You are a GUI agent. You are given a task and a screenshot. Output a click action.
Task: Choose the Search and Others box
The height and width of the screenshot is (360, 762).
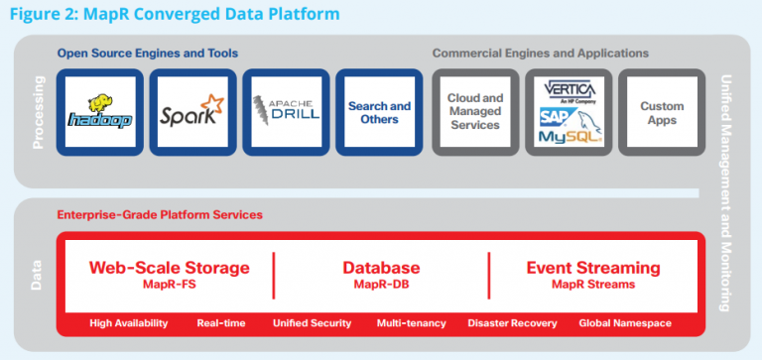(379, 112)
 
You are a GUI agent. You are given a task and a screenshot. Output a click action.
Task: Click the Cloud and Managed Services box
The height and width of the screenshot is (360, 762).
(474, 112)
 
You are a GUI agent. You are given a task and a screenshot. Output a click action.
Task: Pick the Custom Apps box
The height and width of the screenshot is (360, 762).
(662, 112)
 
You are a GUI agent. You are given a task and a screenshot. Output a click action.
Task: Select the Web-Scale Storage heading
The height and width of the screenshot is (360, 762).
(170, 268)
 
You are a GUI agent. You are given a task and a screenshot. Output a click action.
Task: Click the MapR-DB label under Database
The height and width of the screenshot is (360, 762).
(381, 286)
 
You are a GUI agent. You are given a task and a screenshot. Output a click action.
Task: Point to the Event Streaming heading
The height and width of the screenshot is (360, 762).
(593, 268)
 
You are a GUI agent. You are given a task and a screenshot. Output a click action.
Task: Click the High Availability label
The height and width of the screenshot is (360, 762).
(128, 323)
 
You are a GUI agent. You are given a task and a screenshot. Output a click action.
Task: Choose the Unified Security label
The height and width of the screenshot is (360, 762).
(313, 323)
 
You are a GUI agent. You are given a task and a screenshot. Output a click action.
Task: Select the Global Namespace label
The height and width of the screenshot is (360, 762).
(627, 323)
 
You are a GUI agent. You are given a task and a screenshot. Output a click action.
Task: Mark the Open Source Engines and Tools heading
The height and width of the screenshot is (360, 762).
(147, 53)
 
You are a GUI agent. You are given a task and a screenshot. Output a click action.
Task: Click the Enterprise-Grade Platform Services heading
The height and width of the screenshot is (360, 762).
(160, 214)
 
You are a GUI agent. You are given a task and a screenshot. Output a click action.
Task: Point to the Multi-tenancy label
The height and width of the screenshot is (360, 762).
(411, 323)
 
